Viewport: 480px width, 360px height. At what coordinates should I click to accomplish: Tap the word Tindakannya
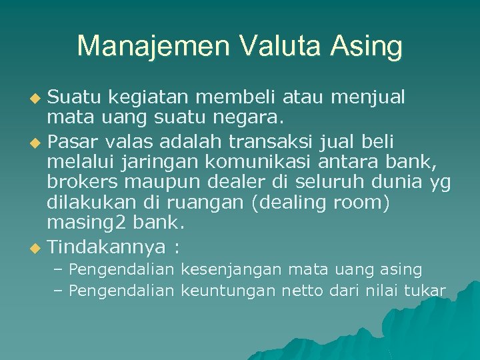(x=106, y=247)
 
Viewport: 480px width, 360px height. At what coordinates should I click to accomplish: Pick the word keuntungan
(x=228, y=291)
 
